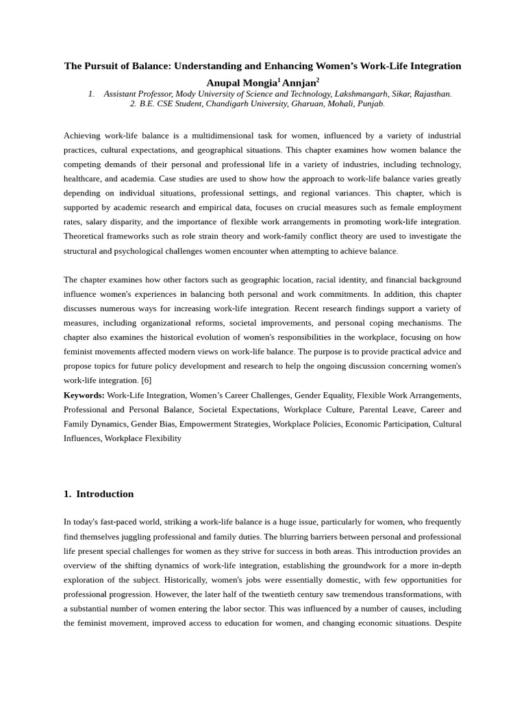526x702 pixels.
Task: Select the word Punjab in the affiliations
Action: pos(371,104)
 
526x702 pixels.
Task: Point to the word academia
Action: pos(138,179)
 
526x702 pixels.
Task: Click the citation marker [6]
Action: pos(146,380)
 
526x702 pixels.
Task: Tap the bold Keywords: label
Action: pos(84,396)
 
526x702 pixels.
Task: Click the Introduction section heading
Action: pos(105,494)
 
